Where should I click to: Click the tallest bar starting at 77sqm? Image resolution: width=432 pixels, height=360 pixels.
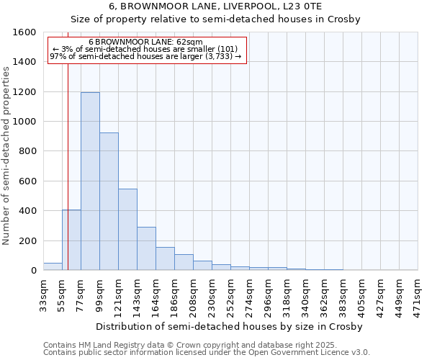tap(90, 181)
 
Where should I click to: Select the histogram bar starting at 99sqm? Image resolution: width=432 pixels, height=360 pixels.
tap(109, 202)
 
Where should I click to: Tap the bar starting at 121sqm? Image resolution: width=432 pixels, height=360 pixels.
tap(127, 230)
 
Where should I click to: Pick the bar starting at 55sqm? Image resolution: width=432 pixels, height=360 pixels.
tap(71, 240)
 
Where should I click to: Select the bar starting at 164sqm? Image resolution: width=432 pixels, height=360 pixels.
tap(165, 258)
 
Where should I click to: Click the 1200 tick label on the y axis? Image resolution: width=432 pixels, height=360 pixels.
tap(24, 92)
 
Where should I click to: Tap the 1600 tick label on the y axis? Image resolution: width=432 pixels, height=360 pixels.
tap(24, 32)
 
